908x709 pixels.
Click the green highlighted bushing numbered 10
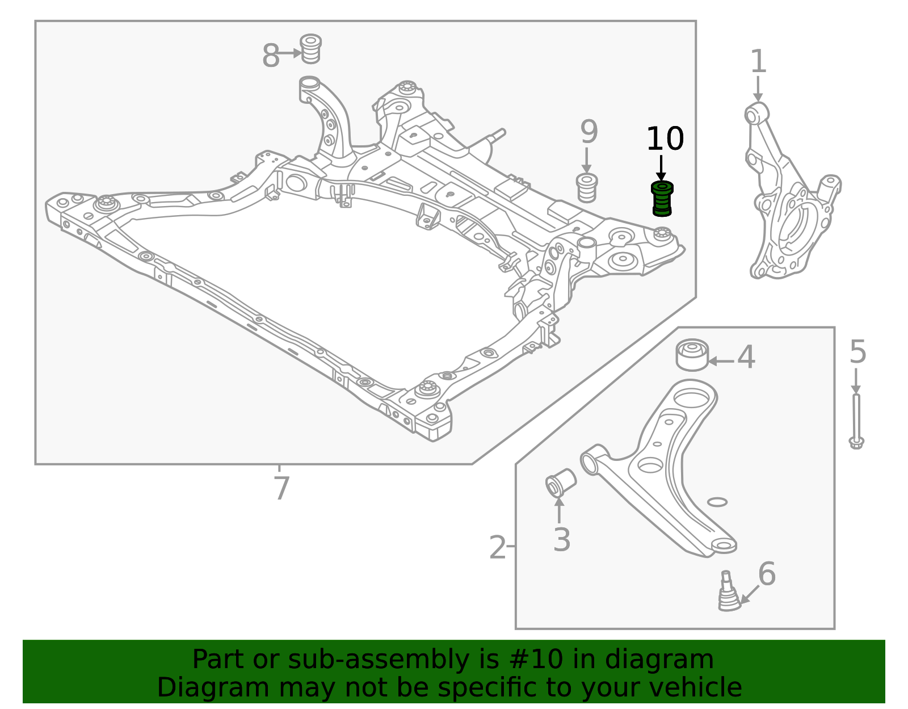point(662,199)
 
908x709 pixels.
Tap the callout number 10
point(665,139)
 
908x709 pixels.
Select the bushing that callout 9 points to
point(587,188)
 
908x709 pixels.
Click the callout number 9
point(588,132)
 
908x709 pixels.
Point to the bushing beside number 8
point(310,49)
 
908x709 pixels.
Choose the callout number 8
point(270,55)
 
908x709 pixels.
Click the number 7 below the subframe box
point(281,488)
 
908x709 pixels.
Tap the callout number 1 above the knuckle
point(758,62)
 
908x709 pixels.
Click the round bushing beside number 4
point(692,355)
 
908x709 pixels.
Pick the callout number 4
point(746,357)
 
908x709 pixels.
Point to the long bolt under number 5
point(856,421)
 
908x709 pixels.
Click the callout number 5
point(858,352)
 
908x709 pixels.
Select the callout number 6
point(767,574)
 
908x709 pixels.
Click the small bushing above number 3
point(561,483)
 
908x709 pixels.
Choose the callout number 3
point(562,540)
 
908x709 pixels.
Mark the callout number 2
point(497,547)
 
